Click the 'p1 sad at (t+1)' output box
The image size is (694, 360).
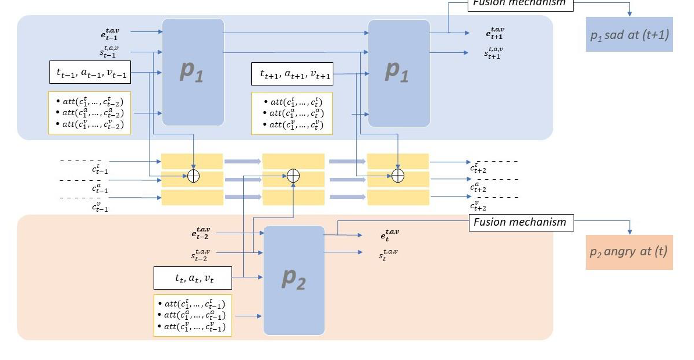point(629,35)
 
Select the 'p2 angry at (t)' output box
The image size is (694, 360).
point(629,252)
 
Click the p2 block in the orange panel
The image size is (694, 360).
point(293,280)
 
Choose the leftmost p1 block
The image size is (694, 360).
point(193,72)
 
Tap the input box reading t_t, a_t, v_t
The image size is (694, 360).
point(193,278)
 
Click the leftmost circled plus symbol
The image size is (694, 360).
point(193,175)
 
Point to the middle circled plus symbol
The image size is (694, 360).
point(294,175)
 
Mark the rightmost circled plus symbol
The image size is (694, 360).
point(398,175)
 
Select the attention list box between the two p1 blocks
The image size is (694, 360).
point(291,113)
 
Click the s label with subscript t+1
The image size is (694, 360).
point(494,53)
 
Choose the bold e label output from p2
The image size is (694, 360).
point(390,235)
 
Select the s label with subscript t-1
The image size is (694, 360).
point(110,52)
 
